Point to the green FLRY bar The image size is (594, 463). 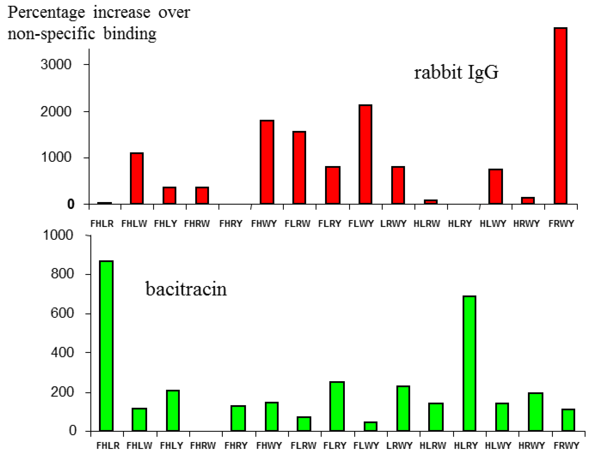(337, 406)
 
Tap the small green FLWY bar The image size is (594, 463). (370, 426)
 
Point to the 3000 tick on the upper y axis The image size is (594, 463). (56, 65)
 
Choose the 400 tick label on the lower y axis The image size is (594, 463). (62, 353)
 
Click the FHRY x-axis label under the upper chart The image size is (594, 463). (231, 224)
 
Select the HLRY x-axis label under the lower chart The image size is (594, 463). (466, 446)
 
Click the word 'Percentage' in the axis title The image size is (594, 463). (46, 13)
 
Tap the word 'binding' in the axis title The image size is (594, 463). (130, 34)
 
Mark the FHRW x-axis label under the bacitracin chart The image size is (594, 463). (203, 446)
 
